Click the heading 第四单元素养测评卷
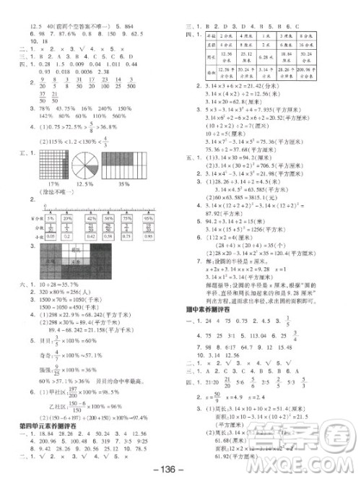point(48,405)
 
